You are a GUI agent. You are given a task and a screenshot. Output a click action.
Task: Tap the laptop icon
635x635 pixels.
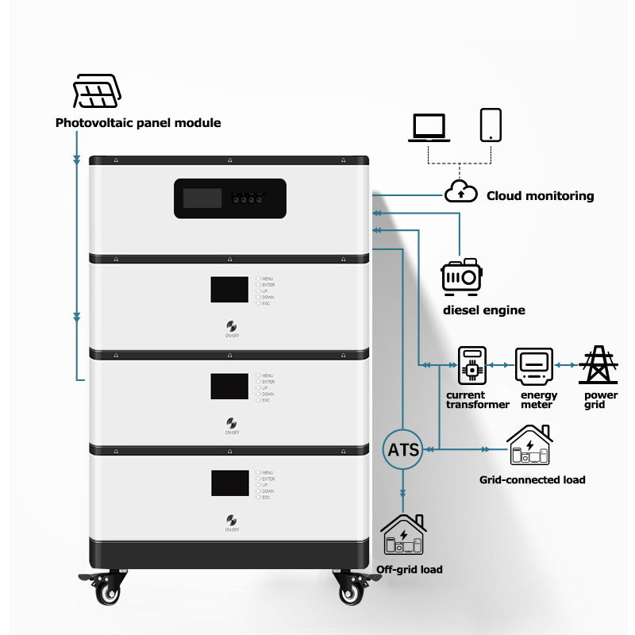(429, 127)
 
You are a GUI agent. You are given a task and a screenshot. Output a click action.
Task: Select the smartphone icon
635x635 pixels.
(491, 125)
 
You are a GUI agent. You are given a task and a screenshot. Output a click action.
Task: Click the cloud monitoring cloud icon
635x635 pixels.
(460, 192)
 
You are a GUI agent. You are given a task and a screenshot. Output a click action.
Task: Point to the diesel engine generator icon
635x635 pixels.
(461, 276)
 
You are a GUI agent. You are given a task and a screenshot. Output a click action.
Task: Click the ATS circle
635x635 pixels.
(403, 448)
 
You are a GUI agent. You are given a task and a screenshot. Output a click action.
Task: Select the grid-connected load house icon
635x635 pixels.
(530, 446)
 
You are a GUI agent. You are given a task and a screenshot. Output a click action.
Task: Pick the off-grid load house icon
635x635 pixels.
(404, 535)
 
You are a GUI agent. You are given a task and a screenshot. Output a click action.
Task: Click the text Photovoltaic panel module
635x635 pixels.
(138, 123)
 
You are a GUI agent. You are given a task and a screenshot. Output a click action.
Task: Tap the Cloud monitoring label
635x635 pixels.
(540, 195)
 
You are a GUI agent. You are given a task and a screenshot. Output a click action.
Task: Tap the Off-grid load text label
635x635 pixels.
(410, 569)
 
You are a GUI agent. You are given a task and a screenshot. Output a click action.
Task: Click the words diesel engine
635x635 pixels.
(483, 310)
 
